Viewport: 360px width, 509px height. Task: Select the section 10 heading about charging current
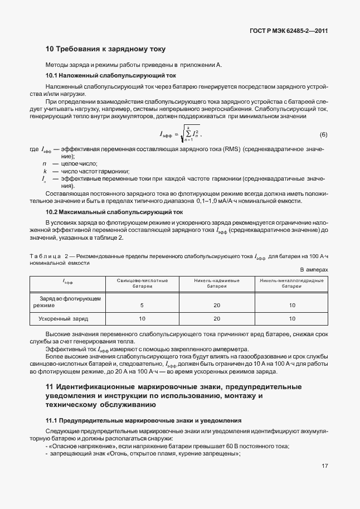[x=105, y=50]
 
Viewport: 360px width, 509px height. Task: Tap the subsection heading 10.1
[x=110, y=75]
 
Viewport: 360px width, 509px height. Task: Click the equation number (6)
[x=323, y=135]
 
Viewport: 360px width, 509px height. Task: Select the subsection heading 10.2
[x=111, y=213]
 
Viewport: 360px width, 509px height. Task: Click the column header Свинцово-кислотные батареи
[x=142, y=283]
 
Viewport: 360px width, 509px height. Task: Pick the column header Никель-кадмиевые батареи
[x=217, y=283]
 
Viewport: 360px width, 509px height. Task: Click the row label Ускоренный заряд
[x=64, y=319]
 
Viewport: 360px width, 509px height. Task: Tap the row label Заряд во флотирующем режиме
[x=67, y=302]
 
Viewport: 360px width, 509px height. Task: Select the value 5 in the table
[x=142, y=306]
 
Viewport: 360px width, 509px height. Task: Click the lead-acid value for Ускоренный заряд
[x=142, y=319]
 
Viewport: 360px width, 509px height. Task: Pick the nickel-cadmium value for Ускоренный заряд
[x=217, y=319]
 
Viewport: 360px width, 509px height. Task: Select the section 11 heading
[x=173, y=396]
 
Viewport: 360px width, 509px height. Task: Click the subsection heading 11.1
[x=143, y=420]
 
